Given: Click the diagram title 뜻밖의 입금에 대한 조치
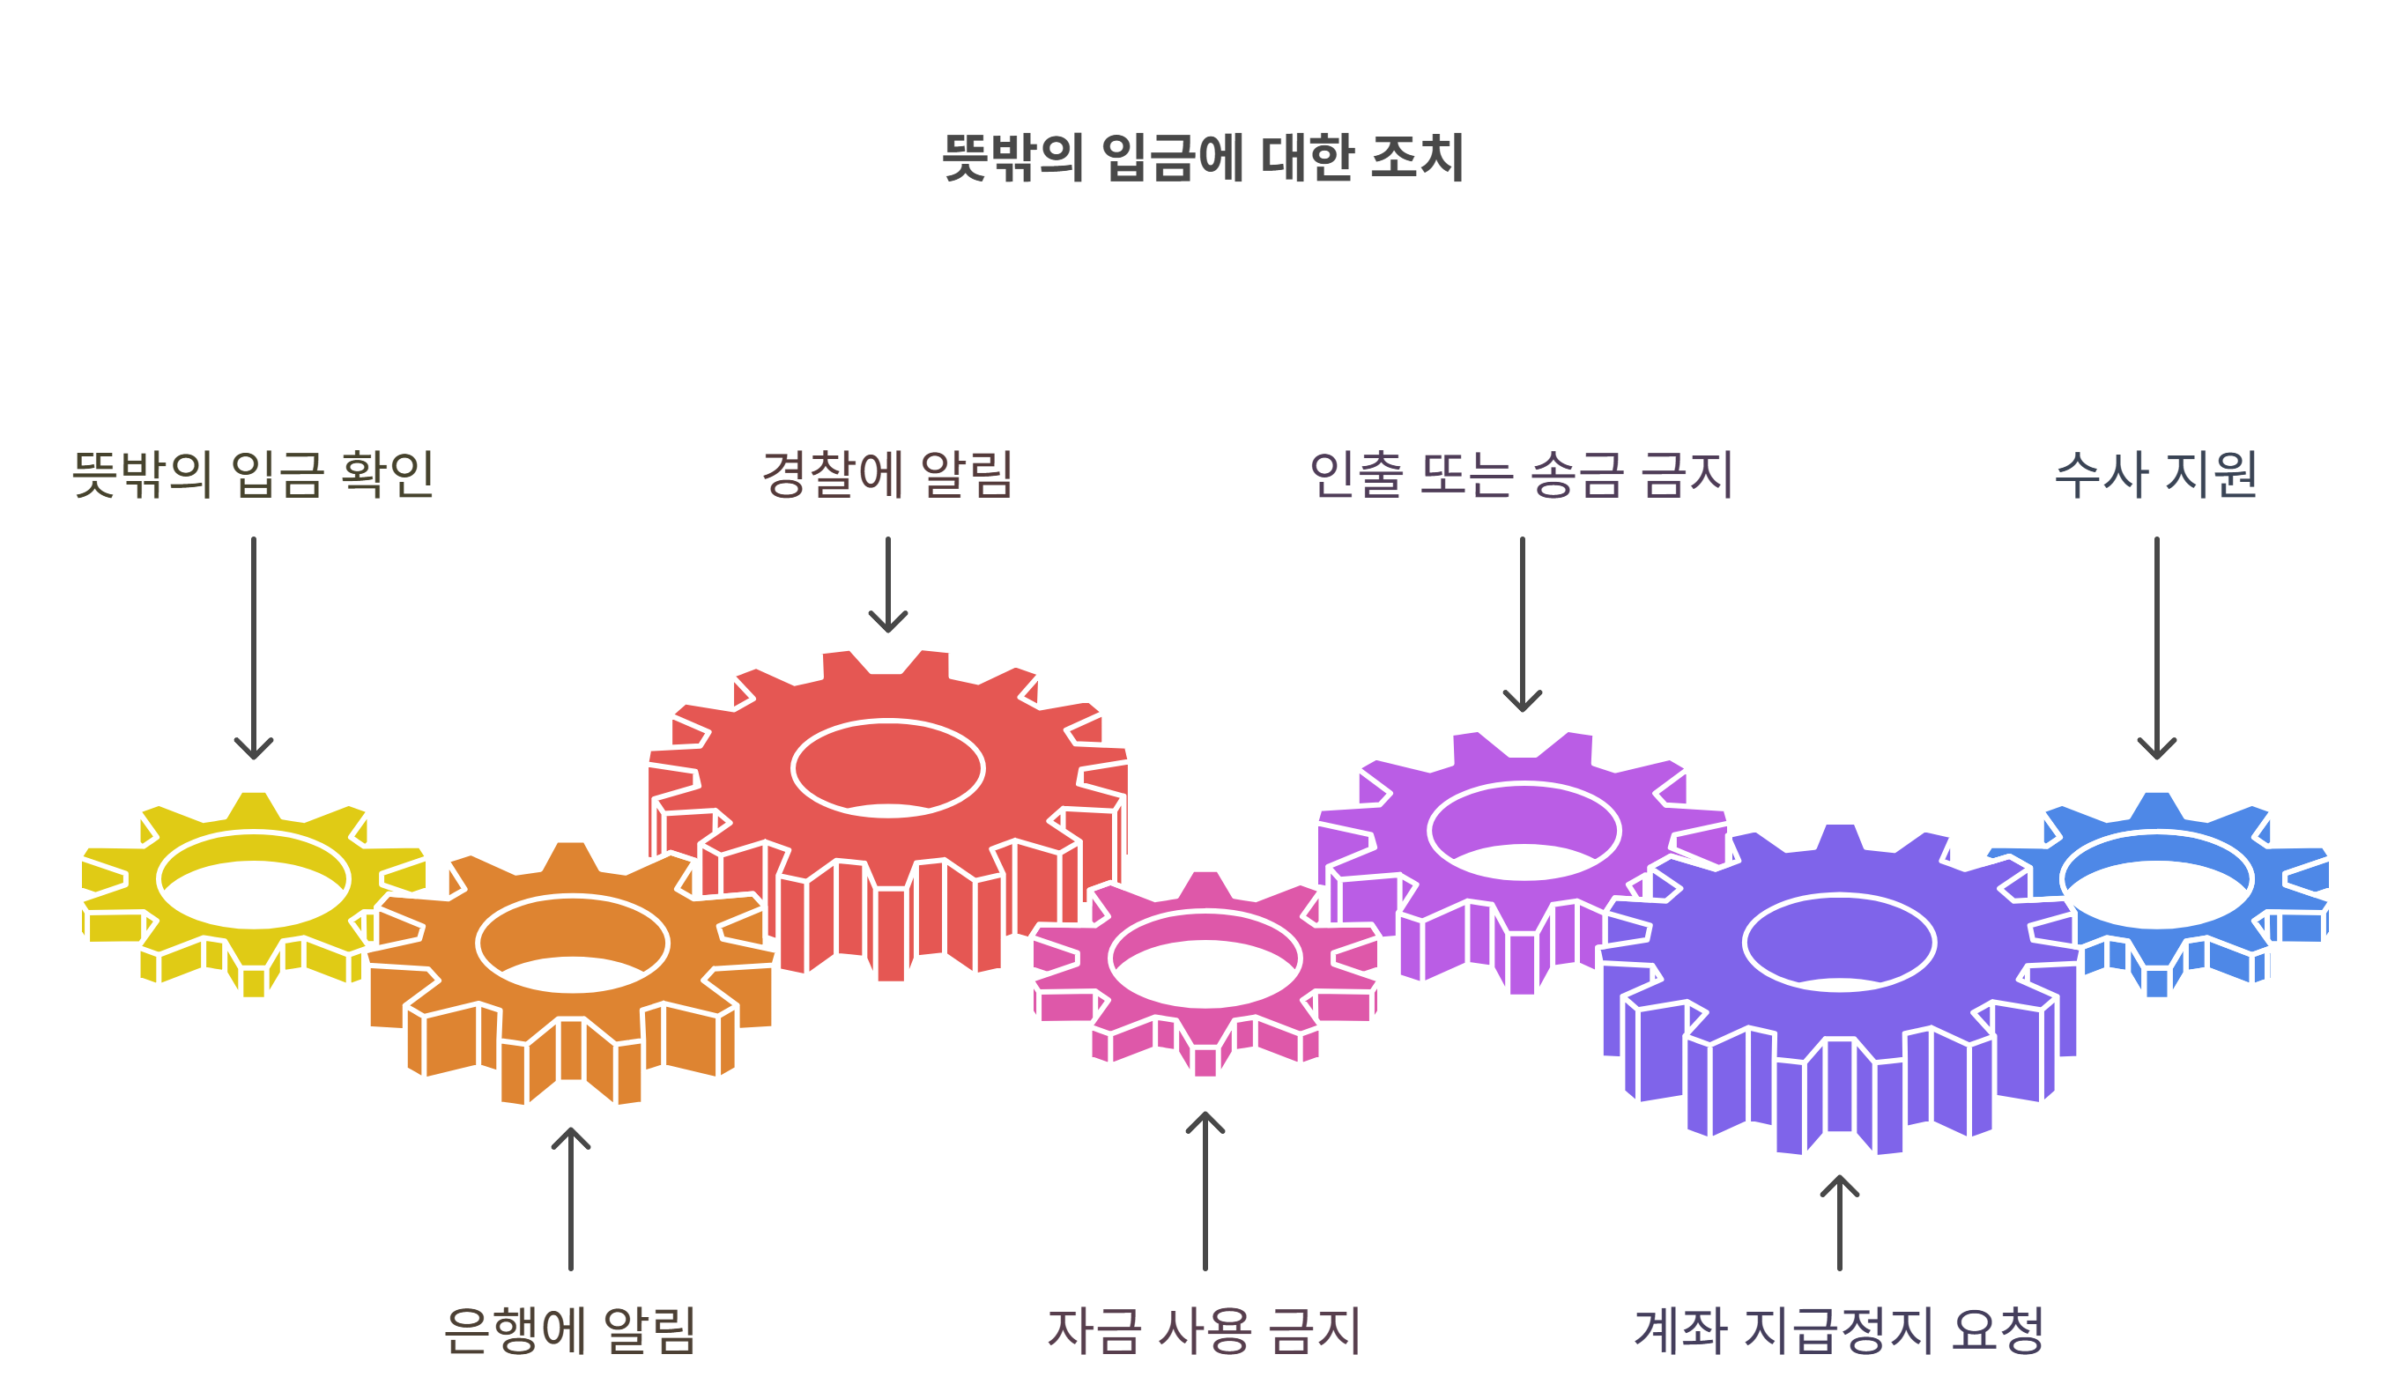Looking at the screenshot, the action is (x=1202, y=157).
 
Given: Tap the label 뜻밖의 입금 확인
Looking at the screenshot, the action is (x=254, y=473).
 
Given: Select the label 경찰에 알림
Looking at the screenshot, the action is (x=887, y=473).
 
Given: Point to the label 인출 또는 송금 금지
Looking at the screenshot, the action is (x=1522, y=473).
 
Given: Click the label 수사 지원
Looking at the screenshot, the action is (x=2156, y=473).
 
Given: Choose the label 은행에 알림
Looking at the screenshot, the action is (x=570, y=1329).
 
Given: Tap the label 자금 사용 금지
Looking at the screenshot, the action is (x=1205, y=1329).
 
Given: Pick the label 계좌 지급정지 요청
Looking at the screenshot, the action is (x=1839, y=1329).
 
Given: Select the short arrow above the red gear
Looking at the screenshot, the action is (x=887, y=583).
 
